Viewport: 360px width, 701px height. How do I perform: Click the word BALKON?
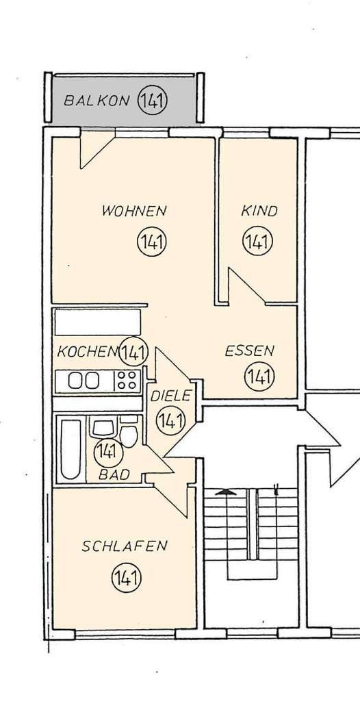[97, 101]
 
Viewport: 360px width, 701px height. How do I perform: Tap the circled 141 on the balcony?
[153, 101]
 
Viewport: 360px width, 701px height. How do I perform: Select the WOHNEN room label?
[134, 211]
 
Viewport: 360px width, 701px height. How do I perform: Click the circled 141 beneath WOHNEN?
[152, 242]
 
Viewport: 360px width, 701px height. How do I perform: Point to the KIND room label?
[259, 211]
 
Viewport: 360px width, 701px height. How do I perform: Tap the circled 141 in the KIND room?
[258, 242]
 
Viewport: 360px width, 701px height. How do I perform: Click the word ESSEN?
[250, 352]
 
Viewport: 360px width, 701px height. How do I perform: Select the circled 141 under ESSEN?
[259, 376]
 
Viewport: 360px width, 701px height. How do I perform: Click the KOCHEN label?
[87, 352]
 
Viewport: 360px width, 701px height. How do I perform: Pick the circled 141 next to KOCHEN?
[133, 352]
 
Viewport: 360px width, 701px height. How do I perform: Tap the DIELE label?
[170, 396]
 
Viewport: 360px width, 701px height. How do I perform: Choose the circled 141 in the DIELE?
[170, 420]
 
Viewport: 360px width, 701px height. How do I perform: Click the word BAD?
[114, 473]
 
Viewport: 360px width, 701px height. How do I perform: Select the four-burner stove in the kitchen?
[127, 380]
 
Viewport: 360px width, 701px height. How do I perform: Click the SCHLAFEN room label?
[125, 546]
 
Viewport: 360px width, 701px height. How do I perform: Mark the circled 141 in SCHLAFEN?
[125, 578]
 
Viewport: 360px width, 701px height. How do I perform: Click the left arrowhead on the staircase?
[223, 492]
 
